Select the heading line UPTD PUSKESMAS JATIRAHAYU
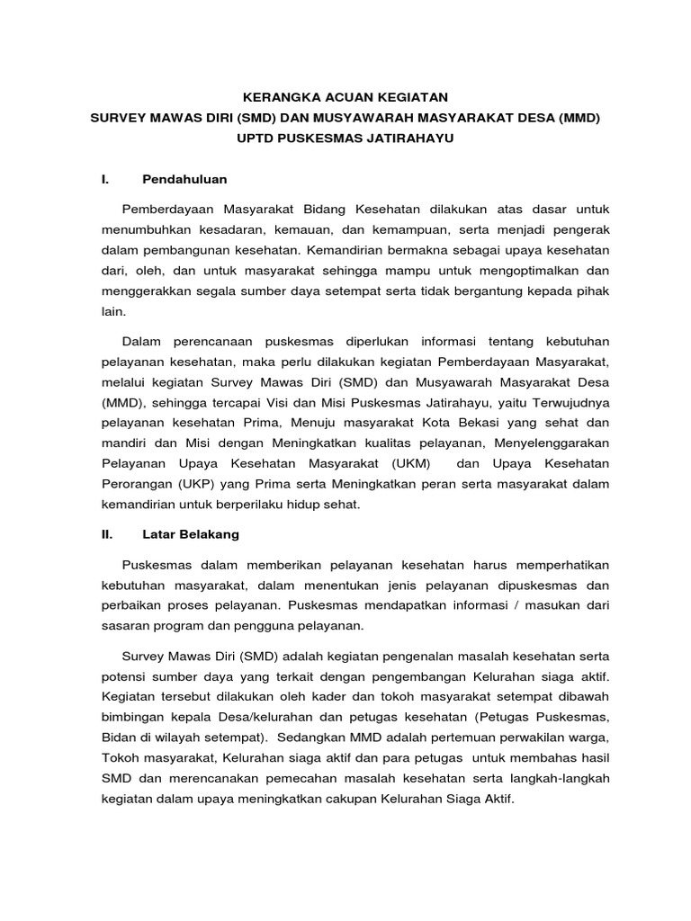tap(346, 139)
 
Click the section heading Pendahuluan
tap(184, 179)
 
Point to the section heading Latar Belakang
tap(191, 533)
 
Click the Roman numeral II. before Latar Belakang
tap(107, 533)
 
